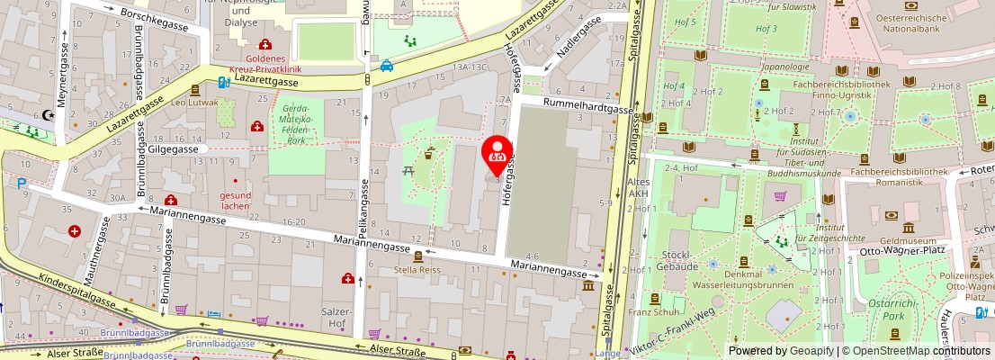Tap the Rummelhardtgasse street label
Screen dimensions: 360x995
[587, 107]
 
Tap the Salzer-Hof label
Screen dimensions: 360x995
[335, 316]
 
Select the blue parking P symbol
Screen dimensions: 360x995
[21, 183]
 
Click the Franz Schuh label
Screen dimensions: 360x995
[652, 312]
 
